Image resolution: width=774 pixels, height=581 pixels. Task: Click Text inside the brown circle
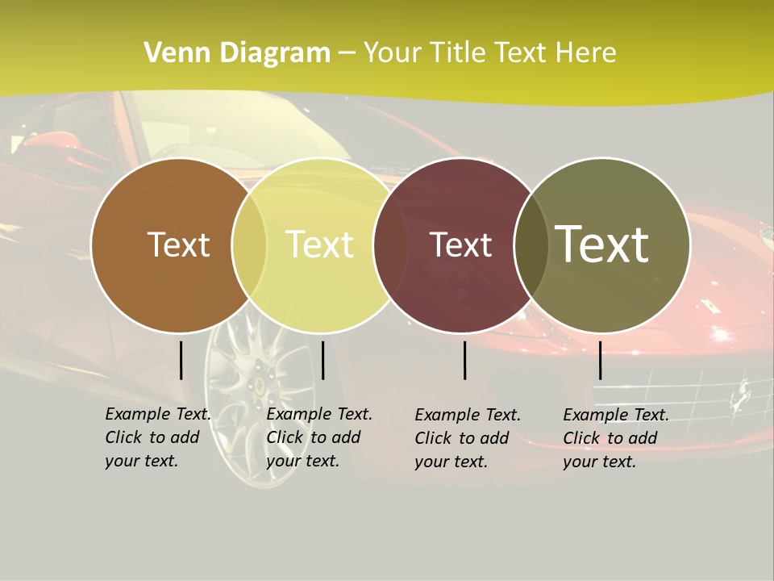178,245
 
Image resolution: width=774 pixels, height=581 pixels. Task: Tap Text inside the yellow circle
319,245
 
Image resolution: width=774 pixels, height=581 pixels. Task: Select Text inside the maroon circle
460,245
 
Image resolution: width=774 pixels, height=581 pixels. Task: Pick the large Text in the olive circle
602,245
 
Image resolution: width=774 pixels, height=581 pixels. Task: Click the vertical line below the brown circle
181,360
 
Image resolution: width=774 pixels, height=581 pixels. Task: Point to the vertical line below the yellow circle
322,360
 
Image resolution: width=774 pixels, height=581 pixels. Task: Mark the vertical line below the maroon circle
464,360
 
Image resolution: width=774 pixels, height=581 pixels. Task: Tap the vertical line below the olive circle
600,360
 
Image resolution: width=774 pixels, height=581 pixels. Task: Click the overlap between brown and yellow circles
249,245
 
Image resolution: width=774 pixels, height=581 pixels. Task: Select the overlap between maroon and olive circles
530,245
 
